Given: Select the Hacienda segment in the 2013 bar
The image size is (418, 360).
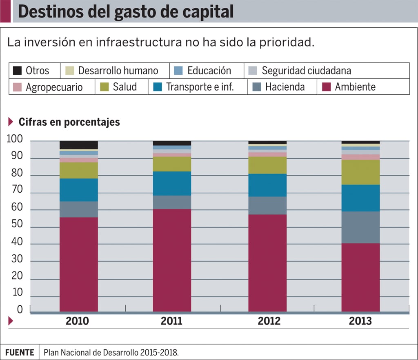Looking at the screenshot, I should pos(360,227).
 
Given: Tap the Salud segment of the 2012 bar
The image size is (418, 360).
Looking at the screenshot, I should pos(267,165).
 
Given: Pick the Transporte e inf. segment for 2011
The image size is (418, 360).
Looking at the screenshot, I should pos(172,184).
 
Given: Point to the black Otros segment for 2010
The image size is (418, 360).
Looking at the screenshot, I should pos(79,145).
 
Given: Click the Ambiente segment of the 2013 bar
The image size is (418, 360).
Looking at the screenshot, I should pos(360,278).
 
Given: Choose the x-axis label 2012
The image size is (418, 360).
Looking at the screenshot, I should pos(269,321).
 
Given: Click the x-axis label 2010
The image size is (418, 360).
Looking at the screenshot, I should pos(77,321).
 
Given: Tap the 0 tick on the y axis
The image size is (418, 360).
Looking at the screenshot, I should pos(20,310).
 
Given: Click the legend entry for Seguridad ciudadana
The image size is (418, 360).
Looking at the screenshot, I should pos(306,71).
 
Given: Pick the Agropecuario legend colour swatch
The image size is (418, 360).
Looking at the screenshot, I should pos(17,87).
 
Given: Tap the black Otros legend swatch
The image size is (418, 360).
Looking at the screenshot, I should pos(17,71).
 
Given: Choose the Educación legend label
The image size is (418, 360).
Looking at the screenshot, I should pos(209,71).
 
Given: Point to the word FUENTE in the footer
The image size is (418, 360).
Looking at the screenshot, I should pos(20,352).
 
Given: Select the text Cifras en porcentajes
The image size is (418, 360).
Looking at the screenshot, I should pos(69,122).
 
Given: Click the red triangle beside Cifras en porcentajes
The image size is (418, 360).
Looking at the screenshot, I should pos(11,122).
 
